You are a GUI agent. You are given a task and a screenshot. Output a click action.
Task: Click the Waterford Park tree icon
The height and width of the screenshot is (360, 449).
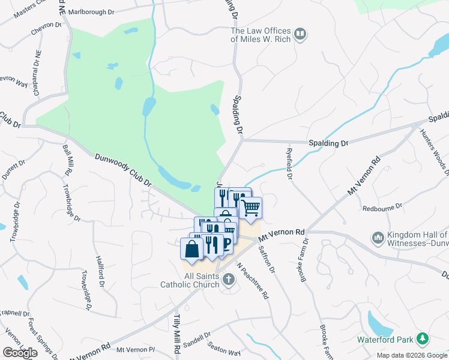(423, 339)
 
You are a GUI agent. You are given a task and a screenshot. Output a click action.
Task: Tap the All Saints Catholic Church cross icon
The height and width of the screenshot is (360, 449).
(228, 279)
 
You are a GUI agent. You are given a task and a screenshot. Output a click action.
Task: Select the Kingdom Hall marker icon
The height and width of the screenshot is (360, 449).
(378, 238)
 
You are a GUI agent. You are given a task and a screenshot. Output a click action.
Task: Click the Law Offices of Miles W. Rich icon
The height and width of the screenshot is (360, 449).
(301, 35)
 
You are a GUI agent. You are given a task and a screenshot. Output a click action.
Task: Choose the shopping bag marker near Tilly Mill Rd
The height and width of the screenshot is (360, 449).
(191, 250)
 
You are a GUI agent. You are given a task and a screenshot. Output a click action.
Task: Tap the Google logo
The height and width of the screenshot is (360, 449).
(20, 353)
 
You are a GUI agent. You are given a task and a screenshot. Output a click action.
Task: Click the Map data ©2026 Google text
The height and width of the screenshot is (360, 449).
(412, 355)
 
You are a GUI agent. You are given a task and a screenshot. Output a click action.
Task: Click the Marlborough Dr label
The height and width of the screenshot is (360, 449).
(91, 12)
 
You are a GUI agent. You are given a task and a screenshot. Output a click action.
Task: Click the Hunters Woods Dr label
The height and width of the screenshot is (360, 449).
(434, 150)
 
